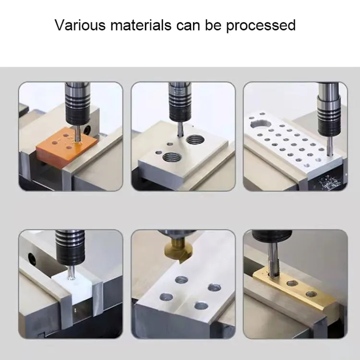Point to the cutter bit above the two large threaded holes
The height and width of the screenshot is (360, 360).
(x=179, y=129)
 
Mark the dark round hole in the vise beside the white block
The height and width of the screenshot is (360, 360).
(x=32, y=260)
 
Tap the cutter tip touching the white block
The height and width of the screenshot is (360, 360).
(x=71, y=276)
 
